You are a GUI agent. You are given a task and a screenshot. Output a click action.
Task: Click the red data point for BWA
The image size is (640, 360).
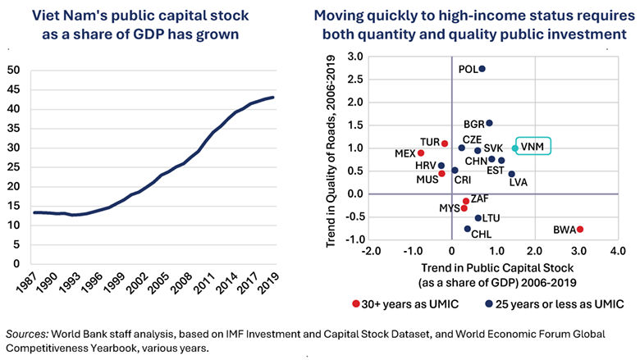point(579,230)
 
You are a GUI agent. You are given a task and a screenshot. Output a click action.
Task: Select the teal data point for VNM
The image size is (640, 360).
point(514,148)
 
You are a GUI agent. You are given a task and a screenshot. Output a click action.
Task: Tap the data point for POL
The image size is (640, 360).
point(482,69)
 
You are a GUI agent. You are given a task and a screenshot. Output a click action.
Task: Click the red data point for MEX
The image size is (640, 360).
point(421,153)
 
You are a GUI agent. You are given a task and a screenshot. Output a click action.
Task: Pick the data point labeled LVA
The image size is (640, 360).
point(511,174)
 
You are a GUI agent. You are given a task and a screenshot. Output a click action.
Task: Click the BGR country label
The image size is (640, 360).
point(473,124)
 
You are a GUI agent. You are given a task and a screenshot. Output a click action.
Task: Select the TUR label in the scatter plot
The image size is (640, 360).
point(430,142)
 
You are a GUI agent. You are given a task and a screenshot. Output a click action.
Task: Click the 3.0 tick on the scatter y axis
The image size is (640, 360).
point(355,57)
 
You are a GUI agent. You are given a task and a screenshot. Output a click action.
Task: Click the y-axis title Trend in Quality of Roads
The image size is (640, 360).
point(327,148)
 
